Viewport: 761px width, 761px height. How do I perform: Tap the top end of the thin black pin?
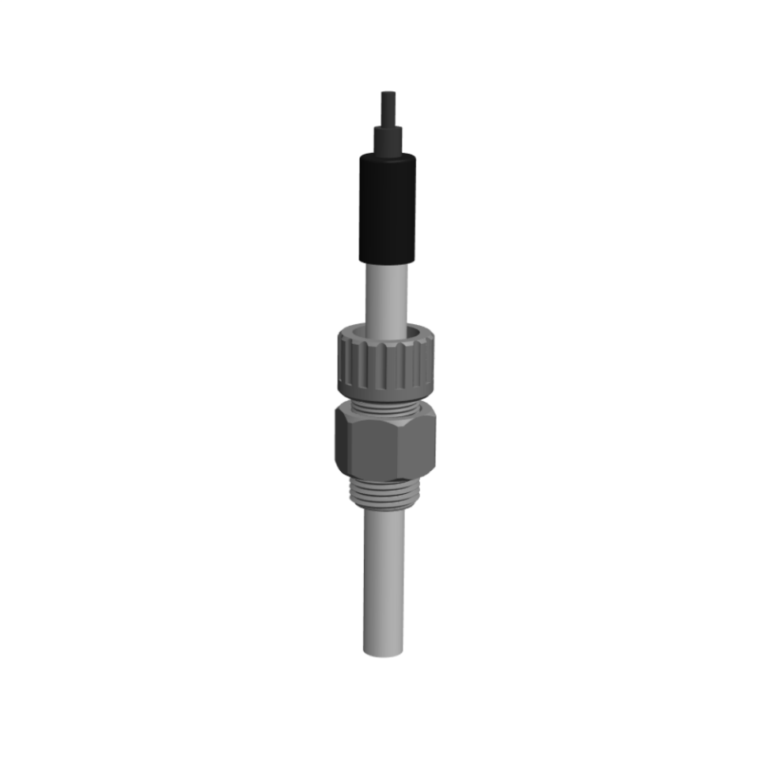(388, 94)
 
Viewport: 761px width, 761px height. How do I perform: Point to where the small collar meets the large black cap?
(388, 153)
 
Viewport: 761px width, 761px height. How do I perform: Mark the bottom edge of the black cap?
(387, 261)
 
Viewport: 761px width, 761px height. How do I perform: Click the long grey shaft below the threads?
(384, 579)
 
